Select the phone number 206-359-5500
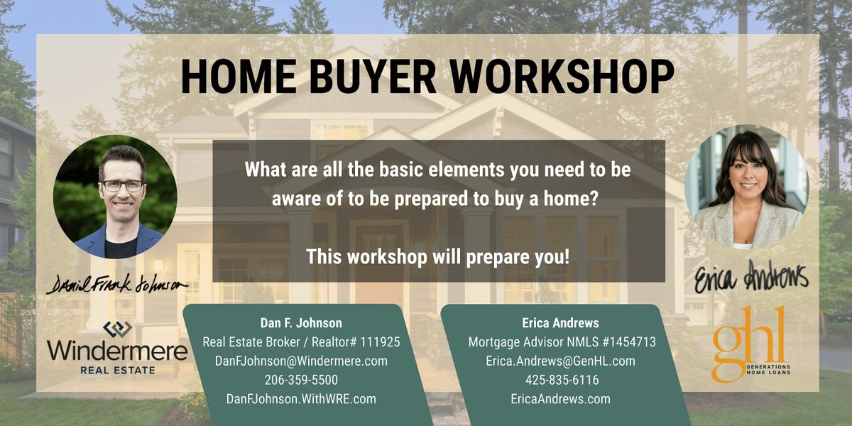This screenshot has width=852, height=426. [x=301, y=380]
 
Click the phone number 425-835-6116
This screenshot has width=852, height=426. [x=562, y=380]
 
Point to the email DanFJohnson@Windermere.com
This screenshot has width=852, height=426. [x=301, y=361]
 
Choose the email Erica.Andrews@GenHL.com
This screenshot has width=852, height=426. [x=561, y=361]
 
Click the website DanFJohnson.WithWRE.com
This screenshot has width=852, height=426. [x=301, y=399]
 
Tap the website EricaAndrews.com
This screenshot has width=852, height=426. [x=561, y=399]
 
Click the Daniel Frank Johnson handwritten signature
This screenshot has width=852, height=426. [x=116, y=284]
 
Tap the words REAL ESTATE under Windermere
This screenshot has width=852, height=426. [x=118, y=370]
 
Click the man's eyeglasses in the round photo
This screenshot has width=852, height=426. [x=122, y=185]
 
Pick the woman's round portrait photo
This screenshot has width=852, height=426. [x=747, y=187]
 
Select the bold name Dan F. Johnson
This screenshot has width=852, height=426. [x=301, y=323]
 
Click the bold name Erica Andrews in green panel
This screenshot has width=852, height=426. [x=561, y=323]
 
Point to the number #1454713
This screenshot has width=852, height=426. [x=629, y=342]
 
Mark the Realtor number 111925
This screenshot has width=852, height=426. [x=380, y=342]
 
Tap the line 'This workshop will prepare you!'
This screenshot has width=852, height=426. [x=438, y=256]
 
